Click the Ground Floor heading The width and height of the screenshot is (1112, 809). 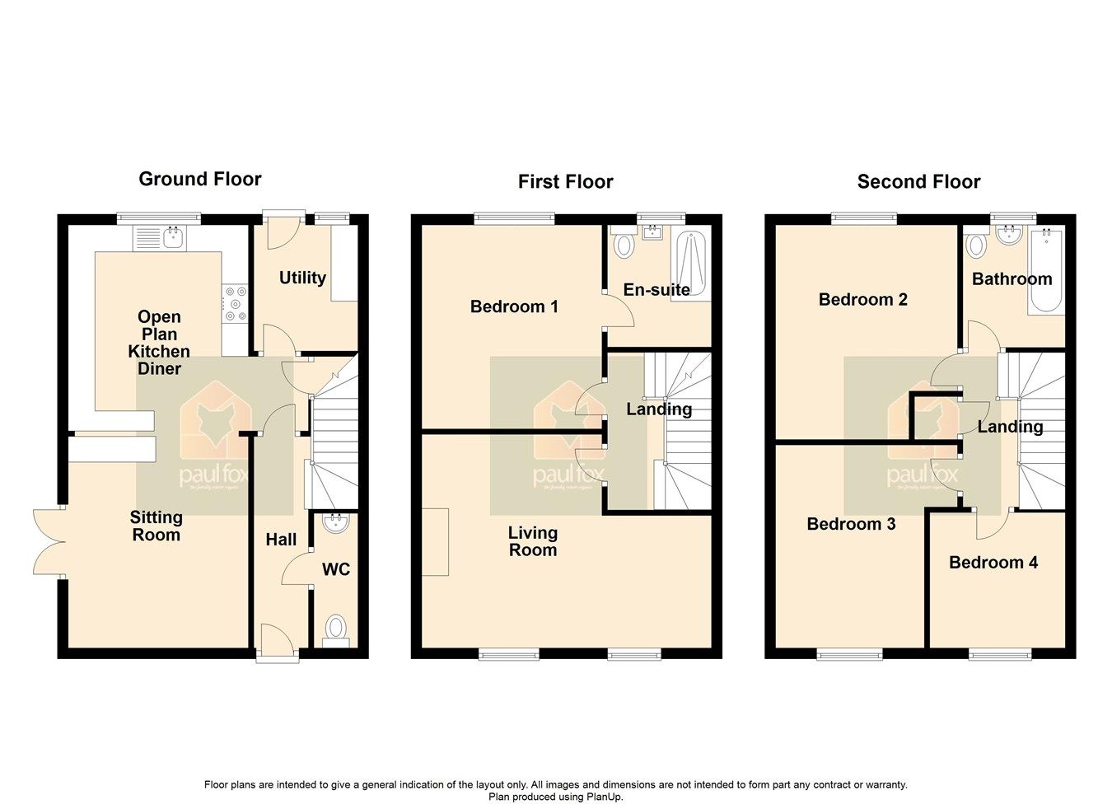point(199,179)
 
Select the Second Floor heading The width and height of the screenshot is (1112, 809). point(918,181)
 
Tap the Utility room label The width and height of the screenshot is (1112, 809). point(302,278)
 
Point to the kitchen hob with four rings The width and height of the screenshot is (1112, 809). point(235,302)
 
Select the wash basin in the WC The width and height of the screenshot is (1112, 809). point(335,522)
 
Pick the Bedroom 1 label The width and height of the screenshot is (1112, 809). point(514,306)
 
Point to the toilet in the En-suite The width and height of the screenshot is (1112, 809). point(624,244)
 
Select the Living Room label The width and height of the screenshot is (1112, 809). point(533,541)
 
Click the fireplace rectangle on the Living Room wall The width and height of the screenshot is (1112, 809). point(436,541)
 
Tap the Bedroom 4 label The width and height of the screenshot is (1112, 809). point(993,563)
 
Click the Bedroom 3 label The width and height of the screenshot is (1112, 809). point(851,524)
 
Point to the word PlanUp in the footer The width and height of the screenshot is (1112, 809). point(603,797)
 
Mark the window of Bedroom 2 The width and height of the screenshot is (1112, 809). point(863,219)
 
